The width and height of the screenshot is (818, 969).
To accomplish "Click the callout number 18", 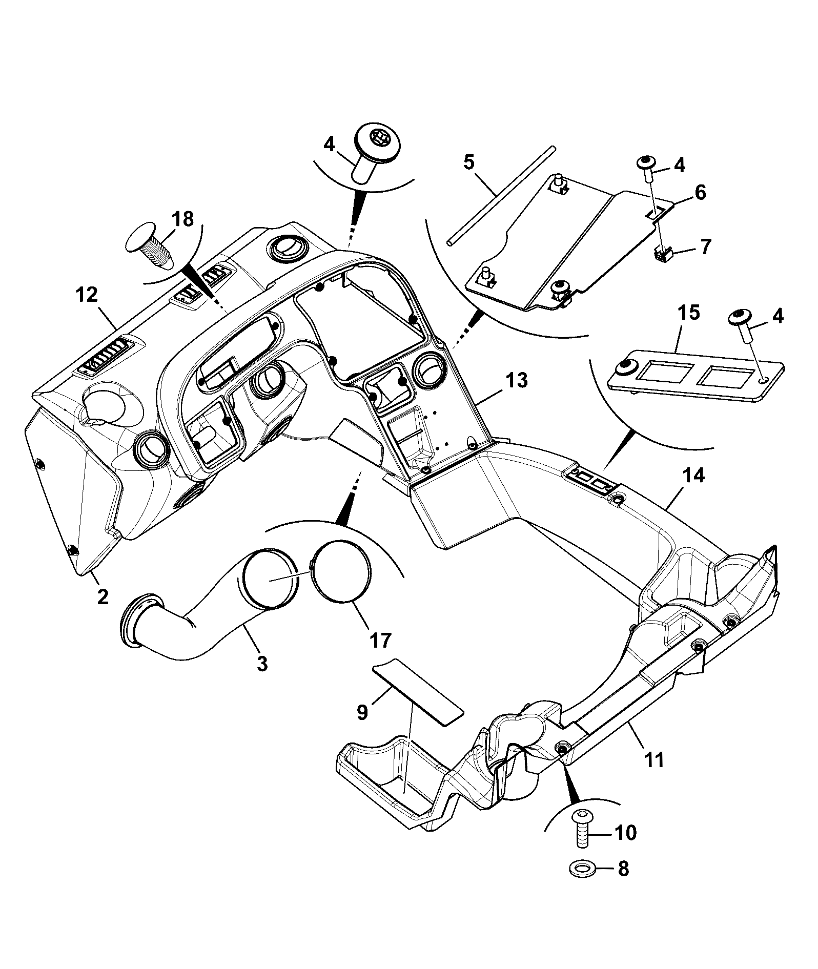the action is pyautogui.click(x=183, y=219).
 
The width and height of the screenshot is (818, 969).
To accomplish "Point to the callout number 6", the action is pyautogui.click(x=700, y=193).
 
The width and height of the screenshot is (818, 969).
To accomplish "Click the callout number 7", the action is pyautogui.click(x=705, y=247).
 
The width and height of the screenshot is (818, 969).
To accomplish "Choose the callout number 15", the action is pyautogui.click(x=689, y=313).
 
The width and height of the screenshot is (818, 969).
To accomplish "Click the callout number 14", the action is pyautogui.click(x=693, y=476).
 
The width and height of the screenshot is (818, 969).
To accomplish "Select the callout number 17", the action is pyautogui.click(x=380, y=640).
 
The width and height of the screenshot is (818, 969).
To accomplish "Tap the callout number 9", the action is pyautogui.click(x=362, y=712).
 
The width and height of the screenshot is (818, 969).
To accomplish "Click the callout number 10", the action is pyautogui.click(x=625, y=833).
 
